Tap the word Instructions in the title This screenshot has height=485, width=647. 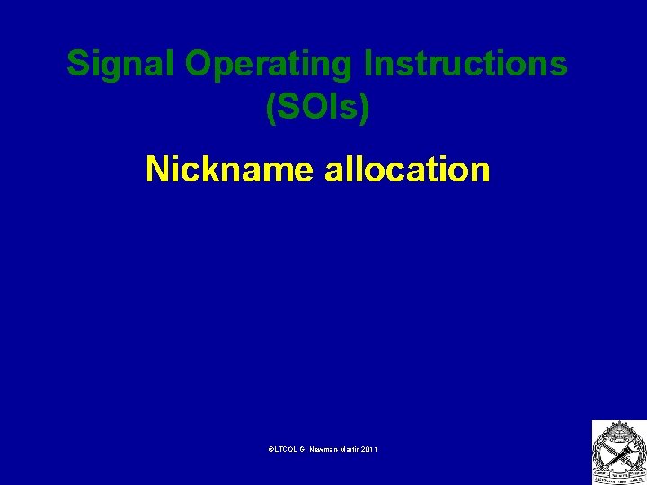point(465,66)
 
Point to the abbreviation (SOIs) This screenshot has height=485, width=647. point(317,108)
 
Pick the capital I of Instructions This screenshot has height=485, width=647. point(368,65)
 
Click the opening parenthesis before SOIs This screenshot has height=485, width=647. point(270,108)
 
